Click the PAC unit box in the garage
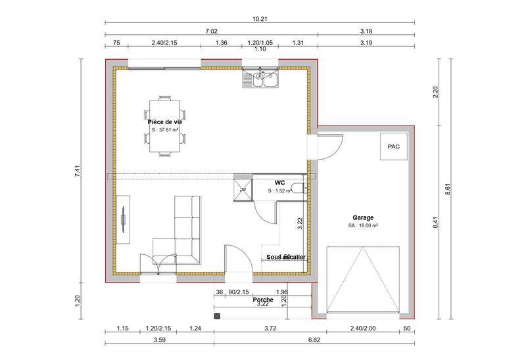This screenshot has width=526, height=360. point(393,146)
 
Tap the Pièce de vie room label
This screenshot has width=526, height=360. point(164,122)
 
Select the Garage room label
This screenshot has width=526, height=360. point(363,217)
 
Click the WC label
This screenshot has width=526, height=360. point(279,183)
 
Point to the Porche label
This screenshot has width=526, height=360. point(262,300)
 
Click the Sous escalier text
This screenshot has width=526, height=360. point(286,258)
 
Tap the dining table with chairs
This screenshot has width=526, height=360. point(164,127)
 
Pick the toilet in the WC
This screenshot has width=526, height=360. point(299,189)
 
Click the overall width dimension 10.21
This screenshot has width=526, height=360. point(260,20)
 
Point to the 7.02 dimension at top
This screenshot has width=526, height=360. point(210,32)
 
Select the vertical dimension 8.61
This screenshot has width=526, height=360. point(447,189)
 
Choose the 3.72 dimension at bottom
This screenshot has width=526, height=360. point(270,328)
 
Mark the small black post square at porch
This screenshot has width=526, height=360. point(217,316)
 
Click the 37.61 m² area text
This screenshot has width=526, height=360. point(164,130)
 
